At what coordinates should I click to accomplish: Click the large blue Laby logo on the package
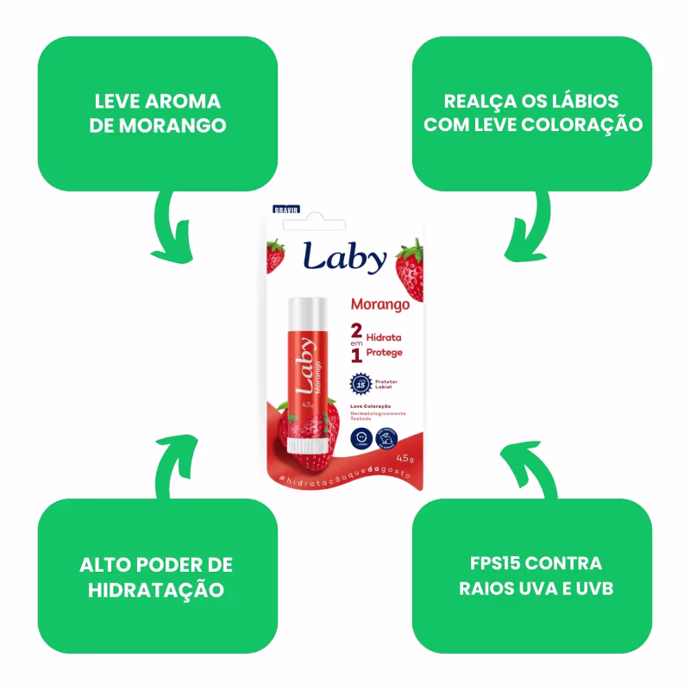pos(344,257)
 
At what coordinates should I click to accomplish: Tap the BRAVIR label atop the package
pos(285,209)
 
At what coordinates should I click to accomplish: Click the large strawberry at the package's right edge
pos(409,269)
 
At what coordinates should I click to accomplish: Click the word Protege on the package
pos(385,352)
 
